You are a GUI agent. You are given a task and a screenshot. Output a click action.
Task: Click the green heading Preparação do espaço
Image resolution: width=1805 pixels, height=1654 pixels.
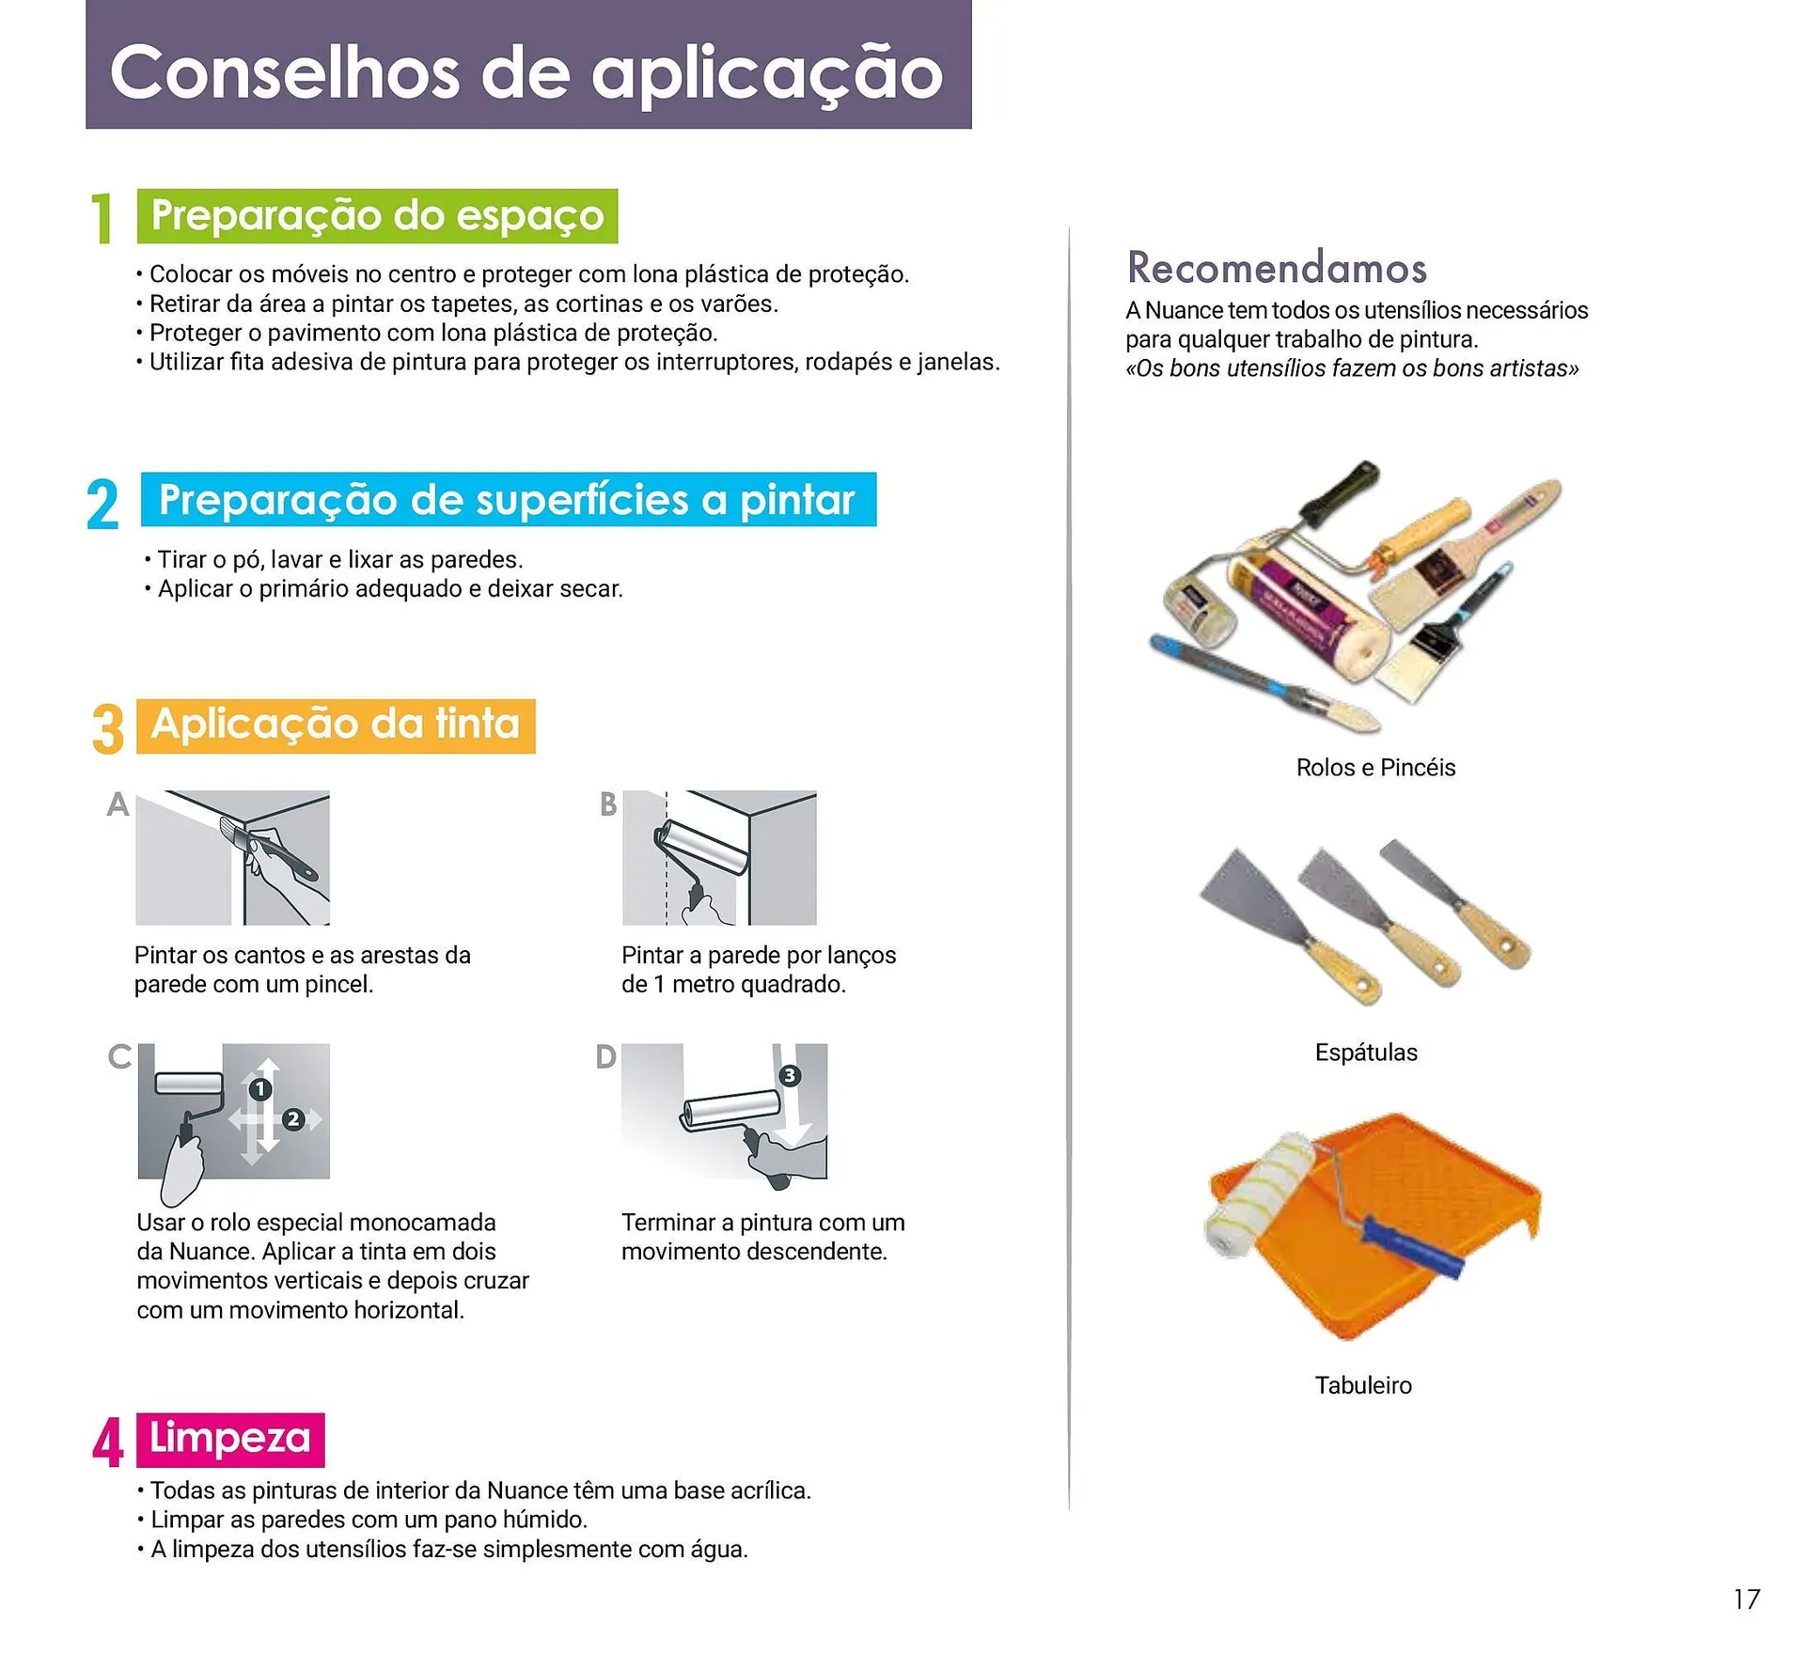(x=377, y=216)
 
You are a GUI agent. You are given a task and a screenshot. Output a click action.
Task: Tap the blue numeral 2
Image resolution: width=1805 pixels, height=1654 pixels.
(x=102, y=505)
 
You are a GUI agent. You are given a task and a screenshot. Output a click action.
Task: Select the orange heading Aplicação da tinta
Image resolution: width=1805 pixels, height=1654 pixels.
(x=336, y=726)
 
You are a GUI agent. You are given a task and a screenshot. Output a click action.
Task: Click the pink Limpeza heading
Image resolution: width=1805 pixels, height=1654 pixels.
(x=230, y=1439)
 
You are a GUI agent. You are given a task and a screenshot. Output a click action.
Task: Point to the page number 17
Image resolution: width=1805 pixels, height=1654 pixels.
(x=1746, y=1599)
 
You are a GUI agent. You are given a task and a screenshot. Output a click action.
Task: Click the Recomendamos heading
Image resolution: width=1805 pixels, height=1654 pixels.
(x=1277, y=268)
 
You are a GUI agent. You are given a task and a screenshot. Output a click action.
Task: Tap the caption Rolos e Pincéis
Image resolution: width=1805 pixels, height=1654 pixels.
(x=1375, y=768)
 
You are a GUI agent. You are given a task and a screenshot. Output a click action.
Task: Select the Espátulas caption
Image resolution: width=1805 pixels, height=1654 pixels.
(x=1365, y=1053)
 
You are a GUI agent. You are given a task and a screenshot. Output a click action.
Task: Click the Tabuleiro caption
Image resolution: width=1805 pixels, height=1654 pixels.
(x=1363, y=1385)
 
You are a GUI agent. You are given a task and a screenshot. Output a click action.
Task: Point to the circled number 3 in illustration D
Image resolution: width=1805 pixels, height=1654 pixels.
(x=790, y=1075)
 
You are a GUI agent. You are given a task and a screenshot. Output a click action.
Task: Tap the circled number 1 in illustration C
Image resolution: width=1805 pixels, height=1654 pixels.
(x=260, y=1089)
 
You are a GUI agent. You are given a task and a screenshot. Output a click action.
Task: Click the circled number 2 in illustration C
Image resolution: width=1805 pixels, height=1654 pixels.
(x=293, y=1119)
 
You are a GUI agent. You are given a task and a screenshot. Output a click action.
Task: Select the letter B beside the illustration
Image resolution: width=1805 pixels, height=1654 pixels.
(x=608, y=804)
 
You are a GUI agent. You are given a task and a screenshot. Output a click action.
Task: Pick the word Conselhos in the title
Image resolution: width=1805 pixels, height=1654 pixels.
(x=285, y=73)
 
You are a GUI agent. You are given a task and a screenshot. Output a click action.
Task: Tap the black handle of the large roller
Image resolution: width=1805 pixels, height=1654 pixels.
(x=1340, y=492)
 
